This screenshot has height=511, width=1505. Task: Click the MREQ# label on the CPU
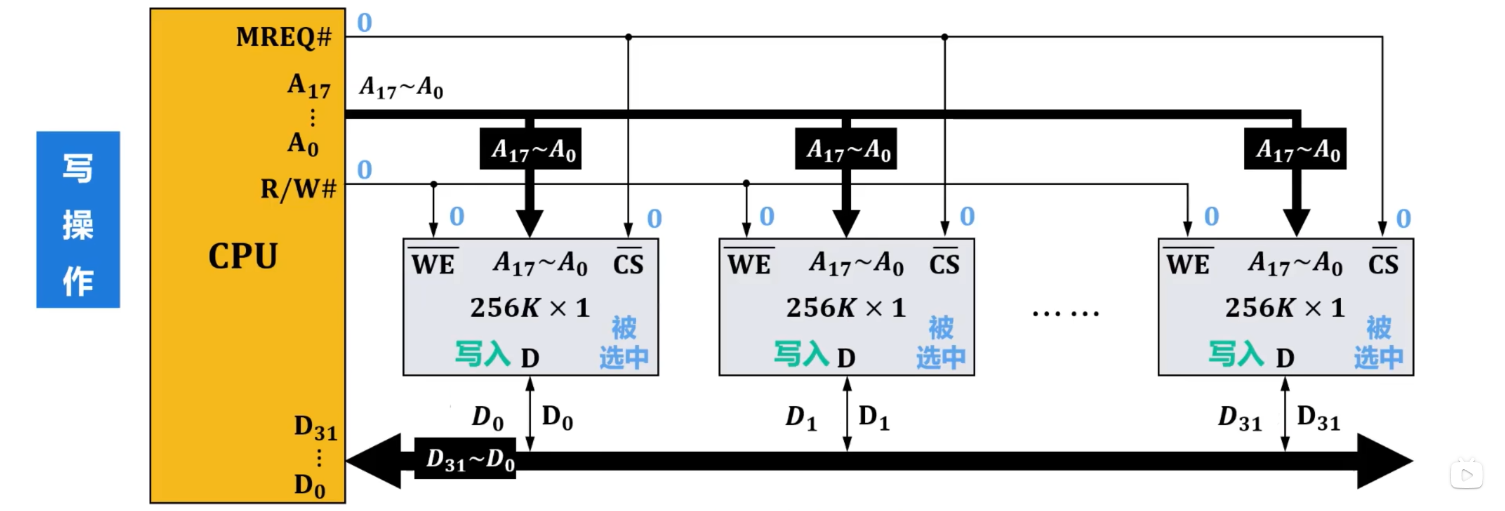point(284,37)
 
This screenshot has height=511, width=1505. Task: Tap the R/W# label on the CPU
point(298,189)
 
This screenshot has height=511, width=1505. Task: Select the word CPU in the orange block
point(242,256)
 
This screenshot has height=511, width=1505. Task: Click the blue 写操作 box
point(78,220)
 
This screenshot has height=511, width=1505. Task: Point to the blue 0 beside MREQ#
point(364,23)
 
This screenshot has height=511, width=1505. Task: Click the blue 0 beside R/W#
point(364,170)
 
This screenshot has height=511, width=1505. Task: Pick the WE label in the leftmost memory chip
point(433,264)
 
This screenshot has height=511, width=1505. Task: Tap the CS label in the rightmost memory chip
point(1383,264)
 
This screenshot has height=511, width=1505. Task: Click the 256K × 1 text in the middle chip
point(845,308)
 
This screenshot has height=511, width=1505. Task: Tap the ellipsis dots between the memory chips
point(1065,313)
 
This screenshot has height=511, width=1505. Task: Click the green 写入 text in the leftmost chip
point(483,354)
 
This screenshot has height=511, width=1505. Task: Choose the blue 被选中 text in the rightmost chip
point(1378,343)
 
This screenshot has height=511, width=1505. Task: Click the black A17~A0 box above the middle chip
point(846,149)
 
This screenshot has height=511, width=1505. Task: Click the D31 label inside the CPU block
point(315,427)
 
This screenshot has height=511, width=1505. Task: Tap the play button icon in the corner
point(1466,474)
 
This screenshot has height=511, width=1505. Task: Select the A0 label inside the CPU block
point(303,143)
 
